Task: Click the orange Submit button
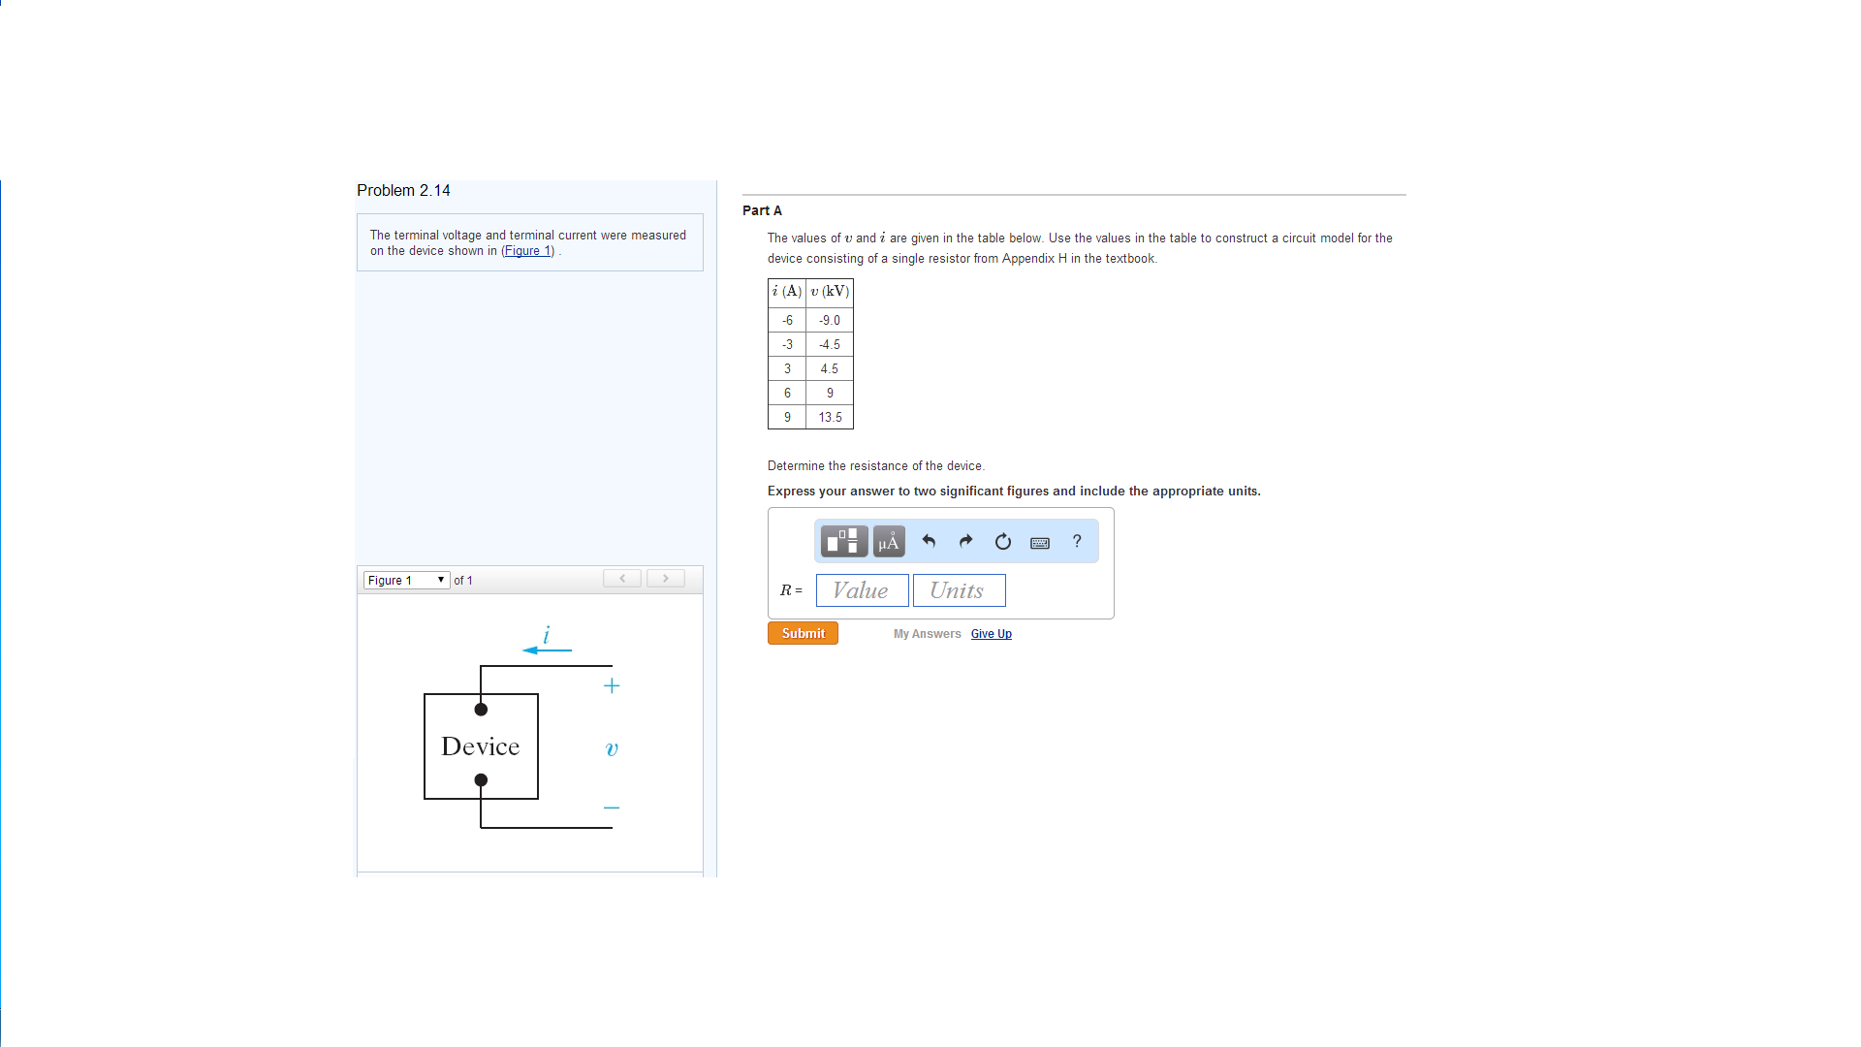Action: point(803,633)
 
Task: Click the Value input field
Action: point(862,590)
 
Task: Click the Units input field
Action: point(959,590)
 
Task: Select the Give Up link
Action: point(991,634)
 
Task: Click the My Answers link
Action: point(927,634)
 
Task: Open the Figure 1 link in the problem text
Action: point(527,251)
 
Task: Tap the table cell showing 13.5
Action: point(830,418)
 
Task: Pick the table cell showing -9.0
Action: point(830,321)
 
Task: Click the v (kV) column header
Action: point(830,292)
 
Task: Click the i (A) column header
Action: point(787,292)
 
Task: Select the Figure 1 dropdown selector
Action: point(406,580)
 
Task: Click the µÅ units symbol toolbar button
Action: point(888,542)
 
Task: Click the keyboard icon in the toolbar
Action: point(1040,543)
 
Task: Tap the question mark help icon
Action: point(1077,541)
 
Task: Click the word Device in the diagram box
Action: point(481,746)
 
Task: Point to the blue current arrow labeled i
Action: point(547,649)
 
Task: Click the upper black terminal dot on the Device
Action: point(481,710)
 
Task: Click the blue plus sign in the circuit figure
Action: point(612,686)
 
